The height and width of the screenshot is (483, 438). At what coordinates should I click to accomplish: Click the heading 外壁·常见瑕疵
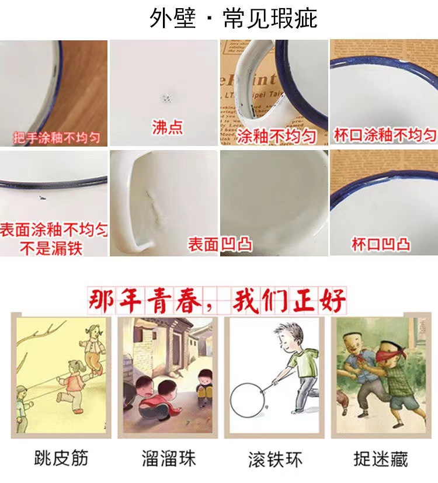233,18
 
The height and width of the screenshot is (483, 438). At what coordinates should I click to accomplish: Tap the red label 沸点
167,128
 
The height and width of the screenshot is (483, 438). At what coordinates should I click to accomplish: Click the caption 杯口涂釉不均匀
384,135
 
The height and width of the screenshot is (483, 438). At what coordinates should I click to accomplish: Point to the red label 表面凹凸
220,244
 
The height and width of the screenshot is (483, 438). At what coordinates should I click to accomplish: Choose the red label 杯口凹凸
381,244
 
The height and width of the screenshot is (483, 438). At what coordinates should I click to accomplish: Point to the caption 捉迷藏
380,458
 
